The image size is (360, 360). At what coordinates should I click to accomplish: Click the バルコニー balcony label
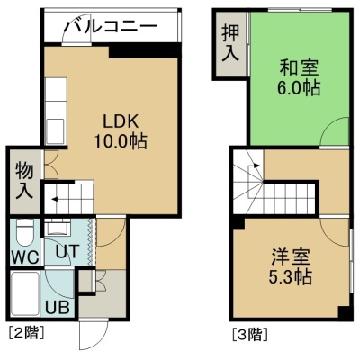[112, 26]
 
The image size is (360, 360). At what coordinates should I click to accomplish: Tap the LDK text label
[121, 122]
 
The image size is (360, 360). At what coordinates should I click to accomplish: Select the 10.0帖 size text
[121, 141]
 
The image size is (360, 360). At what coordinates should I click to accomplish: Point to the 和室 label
[299, 67]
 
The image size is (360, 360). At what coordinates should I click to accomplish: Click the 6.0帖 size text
[299, 87]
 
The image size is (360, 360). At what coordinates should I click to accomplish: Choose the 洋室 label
[291, 257]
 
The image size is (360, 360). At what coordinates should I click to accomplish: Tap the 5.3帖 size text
[290, 276]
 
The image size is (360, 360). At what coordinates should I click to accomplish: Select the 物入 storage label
[24, 180]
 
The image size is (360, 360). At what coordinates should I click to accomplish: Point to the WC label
[25, 256]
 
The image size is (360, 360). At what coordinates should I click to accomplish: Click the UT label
[67, 251]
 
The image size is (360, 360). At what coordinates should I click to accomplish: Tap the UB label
[58, 307]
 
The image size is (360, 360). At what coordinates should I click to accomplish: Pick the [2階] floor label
[27, 333]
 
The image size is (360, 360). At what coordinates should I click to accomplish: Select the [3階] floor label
[250, 335]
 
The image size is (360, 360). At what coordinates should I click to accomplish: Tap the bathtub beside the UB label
[25, 293]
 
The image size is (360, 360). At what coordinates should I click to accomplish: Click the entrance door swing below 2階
[94, 335]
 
